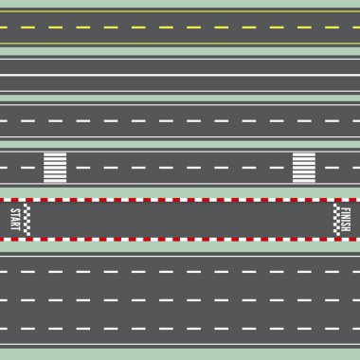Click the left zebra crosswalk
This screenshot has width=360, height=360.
pos(55,167)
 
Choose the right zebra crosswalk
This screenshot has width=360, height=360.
pos(304,167)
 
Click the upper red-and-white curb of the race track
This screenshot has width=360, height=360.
pos(180,201)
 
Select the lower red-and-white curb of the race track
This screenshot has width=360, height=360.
pos(180,240)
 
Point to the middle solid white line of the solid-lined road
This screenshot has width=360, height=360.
pos(180,75)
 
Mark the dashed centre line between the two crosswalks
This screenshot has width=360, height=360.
pos(180,168)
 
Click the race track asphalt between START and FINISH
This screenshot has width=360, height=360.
pos(180,220)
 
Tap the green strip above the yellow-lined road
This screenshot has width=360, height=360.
pos(180,3)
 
